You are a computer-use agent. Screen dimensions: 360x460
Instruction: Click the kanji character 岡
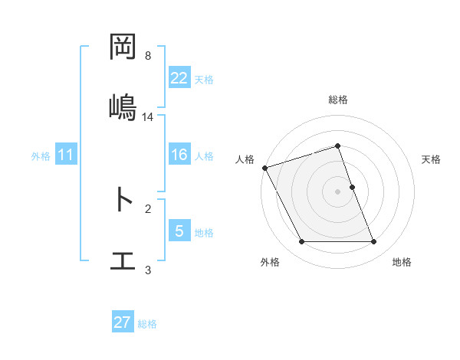tap(123, 47)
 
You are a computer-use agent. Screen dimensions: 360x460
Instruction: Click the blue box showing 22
tap(179, 77)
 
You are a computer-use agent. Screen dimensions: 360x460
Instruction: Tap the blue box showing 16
tap(179, 155)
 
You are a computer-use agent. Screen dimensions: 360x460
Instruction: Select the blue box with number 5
tap(179, 231)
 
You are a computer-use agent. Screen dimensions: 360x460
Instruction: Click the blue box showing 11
tap(66, 155)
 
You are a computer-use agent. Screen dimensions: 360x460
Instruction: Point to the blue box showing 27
tap(123, 322)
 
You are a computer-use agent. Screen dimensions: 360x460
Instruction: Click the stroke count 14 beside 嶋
tap(148, 116)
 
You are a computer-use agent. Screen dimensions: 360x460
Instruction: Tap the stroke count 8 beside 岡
tap(147, 56)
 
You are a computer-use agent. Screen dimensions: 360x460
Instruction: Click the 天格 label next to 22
tap(204, 79)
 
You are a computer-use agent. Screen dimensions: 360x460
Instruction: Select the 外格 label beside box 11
tap(41, 155)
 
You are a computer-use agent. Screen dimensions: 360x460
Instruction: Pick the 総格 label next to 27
tap(147, 324)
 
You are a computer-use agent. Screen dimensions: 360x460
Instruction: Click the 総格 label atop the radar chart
tap(338, 100)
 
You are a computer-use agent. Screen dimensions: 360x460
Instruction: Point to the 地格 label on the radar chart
tap(402, 262)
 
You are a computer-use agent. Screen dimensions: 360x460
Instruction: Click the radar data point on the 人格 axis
tap(265, 168)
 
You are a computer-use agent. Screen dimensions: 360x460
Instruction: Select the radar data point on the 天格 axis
tap(352, 187)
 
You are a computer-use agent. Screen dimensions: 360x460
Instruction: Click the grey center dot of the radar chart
tap(338, 191)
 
